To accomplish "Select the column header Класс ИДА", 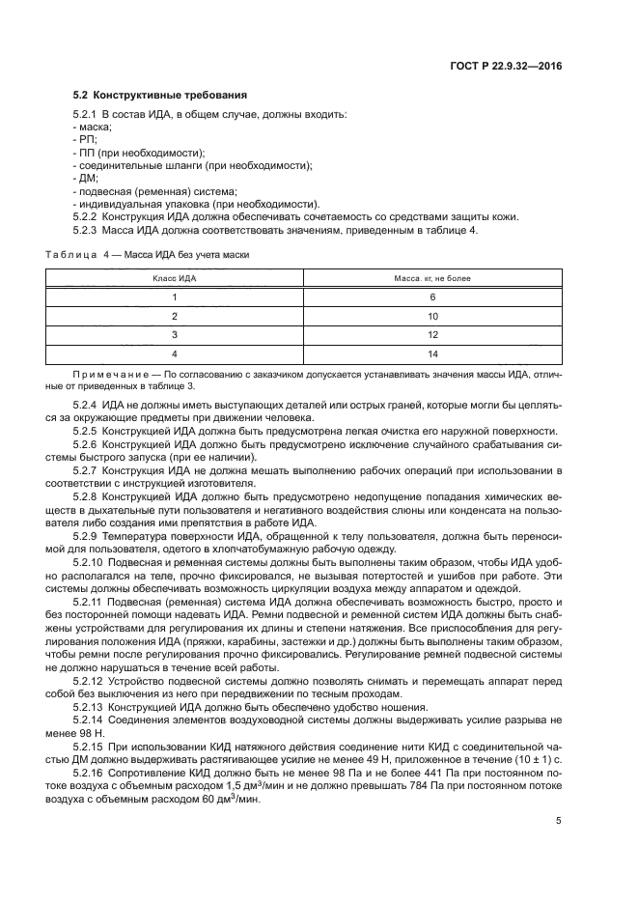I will tap(175, 278).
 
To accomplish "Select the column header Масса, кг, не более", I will tap(432, 278).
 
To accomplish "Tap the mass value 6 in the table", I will tap(432, 297).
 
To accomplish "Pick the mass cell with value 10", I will tap(432, 316).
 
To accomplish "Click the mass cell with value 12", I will tap(432, 334).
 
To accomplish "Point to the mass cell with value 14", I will tap(432, 353).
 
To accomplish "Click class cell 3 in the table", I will tap(175, 334).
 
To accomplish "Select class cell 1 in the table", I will tap(175, 297).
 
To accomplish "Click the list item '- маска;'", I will tap(93, 127).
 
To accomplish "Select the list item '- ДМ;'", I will tap(86, 179).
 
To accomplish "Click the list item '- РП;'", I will tap(86, 140).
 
